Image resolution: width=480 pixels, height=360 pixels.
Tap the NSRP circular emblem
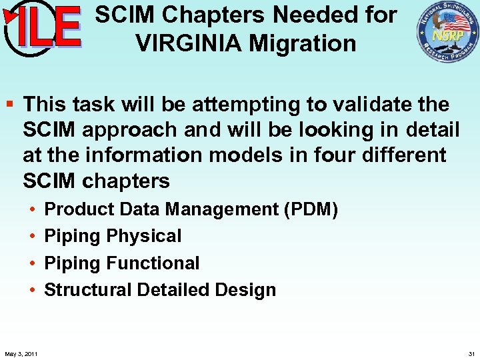click(x=447, y=32)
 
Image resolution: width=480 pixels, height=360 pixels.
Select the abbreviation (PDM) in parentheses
click(x=311, y=209)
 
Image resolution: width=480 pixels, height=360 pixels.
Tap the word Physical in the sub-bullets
click(x=143, y=236)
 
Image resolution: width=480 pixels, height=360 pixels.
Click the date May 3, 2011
click(x=20, y=353)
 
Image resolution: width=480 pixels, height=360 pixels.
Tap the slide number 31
click(x=471, y=353)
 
